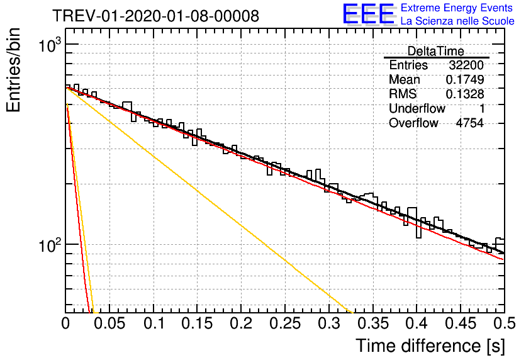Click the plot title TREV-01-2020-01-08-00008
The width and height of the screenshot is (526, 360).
(155, 16)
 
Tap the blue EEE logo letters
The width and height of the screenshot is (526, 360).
(369, 14)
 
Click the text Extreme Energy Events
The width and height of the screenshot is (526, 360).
(457, 8)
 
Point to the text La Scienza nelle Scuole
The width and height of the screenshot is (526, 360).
(457, 21)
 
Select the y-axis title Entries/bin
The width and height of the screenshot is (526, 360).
(13, 70)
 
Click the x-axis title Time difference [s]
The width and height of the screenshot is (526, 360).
(430, 346)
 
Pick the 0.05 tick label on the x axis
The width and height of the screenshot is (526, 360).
(109, 323)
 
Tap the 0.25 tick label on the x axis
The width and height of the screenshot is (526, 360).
(286, 323)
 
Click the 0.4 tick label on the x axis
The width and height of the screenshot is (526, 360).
(417, 323)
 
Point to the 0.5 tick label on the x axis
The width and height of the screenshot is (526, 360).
(505, 323)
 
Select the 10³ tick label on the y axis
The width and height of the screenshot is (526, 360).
(50, 45)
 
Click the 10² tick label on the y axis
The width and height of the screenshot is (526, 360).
(50, 245)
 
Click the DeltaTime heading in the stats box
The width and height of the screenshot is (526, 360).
(436, 51)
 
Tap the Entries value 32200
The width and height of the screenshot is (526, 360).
(466, 65)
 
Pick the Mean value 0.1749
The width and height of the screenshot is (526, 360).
(465, 80)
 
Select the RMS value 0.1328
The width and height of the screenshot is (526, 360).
(465, 94)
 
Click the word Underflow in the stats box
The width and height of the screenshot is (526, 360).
(417, 109)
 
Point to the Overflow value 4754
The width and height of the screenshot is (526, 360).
(469, 123)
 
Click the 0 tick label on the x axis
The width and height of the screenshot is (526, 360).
(65, 323)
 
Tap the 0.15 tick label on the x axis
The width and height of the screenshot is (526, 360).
(198, 323)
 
